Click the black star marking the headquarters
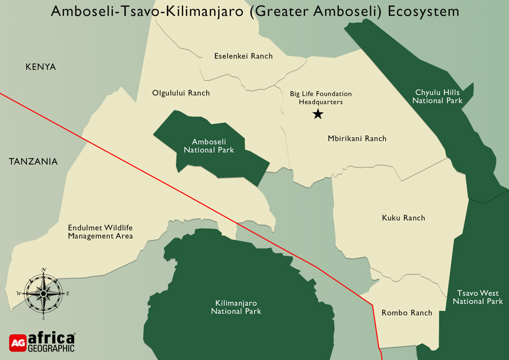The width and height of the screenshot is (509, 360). pyautogui.click(x=318, y=114)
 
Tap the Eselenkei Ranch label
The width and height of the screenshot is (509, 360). pyautogui.click(x=243, y=56)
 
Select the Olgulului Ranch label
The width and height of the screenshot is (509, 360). pyautogui.click(x=181, y=93)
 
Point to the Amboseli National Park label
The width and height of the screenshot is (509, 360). pyautogui.click(x=209, y=146)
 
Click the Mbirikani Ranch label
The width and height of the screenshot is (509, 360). pyautogui.click(x=357, y=138)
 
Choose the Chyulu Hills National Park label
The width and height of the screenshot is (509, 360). pyautogui.click(x=437, y=96)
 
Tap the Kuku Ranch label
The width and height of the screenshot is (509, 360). pyautogui.click(x=403, y=218)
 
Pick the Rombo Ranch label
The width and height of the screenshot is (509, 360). pyautogui.click(x=407, y=313)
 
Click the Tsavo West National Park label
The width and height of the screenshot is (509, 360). pyautogui.click(x=478, y=297)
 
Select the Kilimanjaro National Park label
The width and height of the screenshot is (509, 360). pyautogui.click(x=236, y=307)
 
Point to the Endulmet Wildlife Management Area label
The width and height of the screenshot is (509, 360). pyautogui.click(x=100, y=232)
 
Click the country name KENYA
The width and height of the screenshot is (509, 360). pyautogui.click(x=41, y=67)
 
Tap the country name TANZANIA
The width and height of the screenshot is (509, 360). pyautogui.click(x=33, y=162)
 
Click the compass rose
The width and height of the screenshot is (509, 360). pyautogui.click(x=43, y=294)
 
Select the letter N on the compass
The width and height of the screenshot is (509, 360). pyautogui.click(x=44, y=270)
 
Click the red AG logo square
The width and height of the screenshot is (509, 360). pyautogui.click(x=17, y=342)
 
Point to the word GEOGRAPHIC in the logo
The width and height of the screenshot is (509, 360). pyautogui.click(x=51, y=348)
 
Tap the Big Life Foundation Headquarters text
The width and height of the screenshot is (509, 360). pyautogui.click(x=321, y=97)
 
